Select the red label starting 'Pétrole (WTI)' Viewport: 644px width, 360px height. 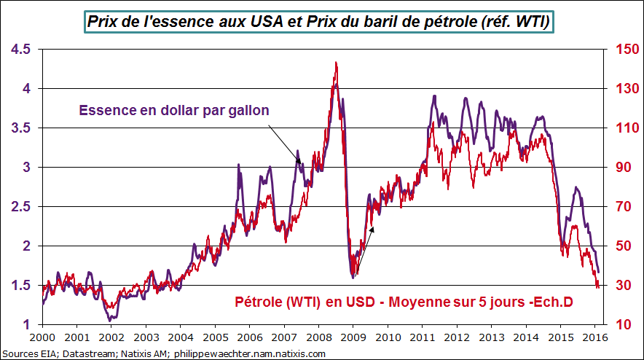pos(406,302)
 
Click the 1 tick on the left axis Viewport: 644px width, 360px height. pos(28,325)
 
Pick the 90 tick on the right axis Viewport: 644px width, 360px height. pos(620,168)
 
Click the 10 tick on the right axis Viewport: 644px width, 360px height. pos(620,325)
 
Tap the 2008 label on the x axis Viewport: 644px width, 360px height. pos(318,338)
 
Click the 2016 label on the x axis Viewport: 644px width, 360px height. pos(594,338)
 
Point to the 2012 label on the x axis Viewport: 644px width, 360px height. pos(457,338)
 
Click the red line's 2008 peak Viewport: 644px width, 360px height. pos(335,63)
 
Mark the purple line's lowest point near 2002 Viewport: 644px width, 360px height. pos(109,320)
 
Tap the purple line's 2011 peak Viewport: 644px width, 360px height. pos(435,95)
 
